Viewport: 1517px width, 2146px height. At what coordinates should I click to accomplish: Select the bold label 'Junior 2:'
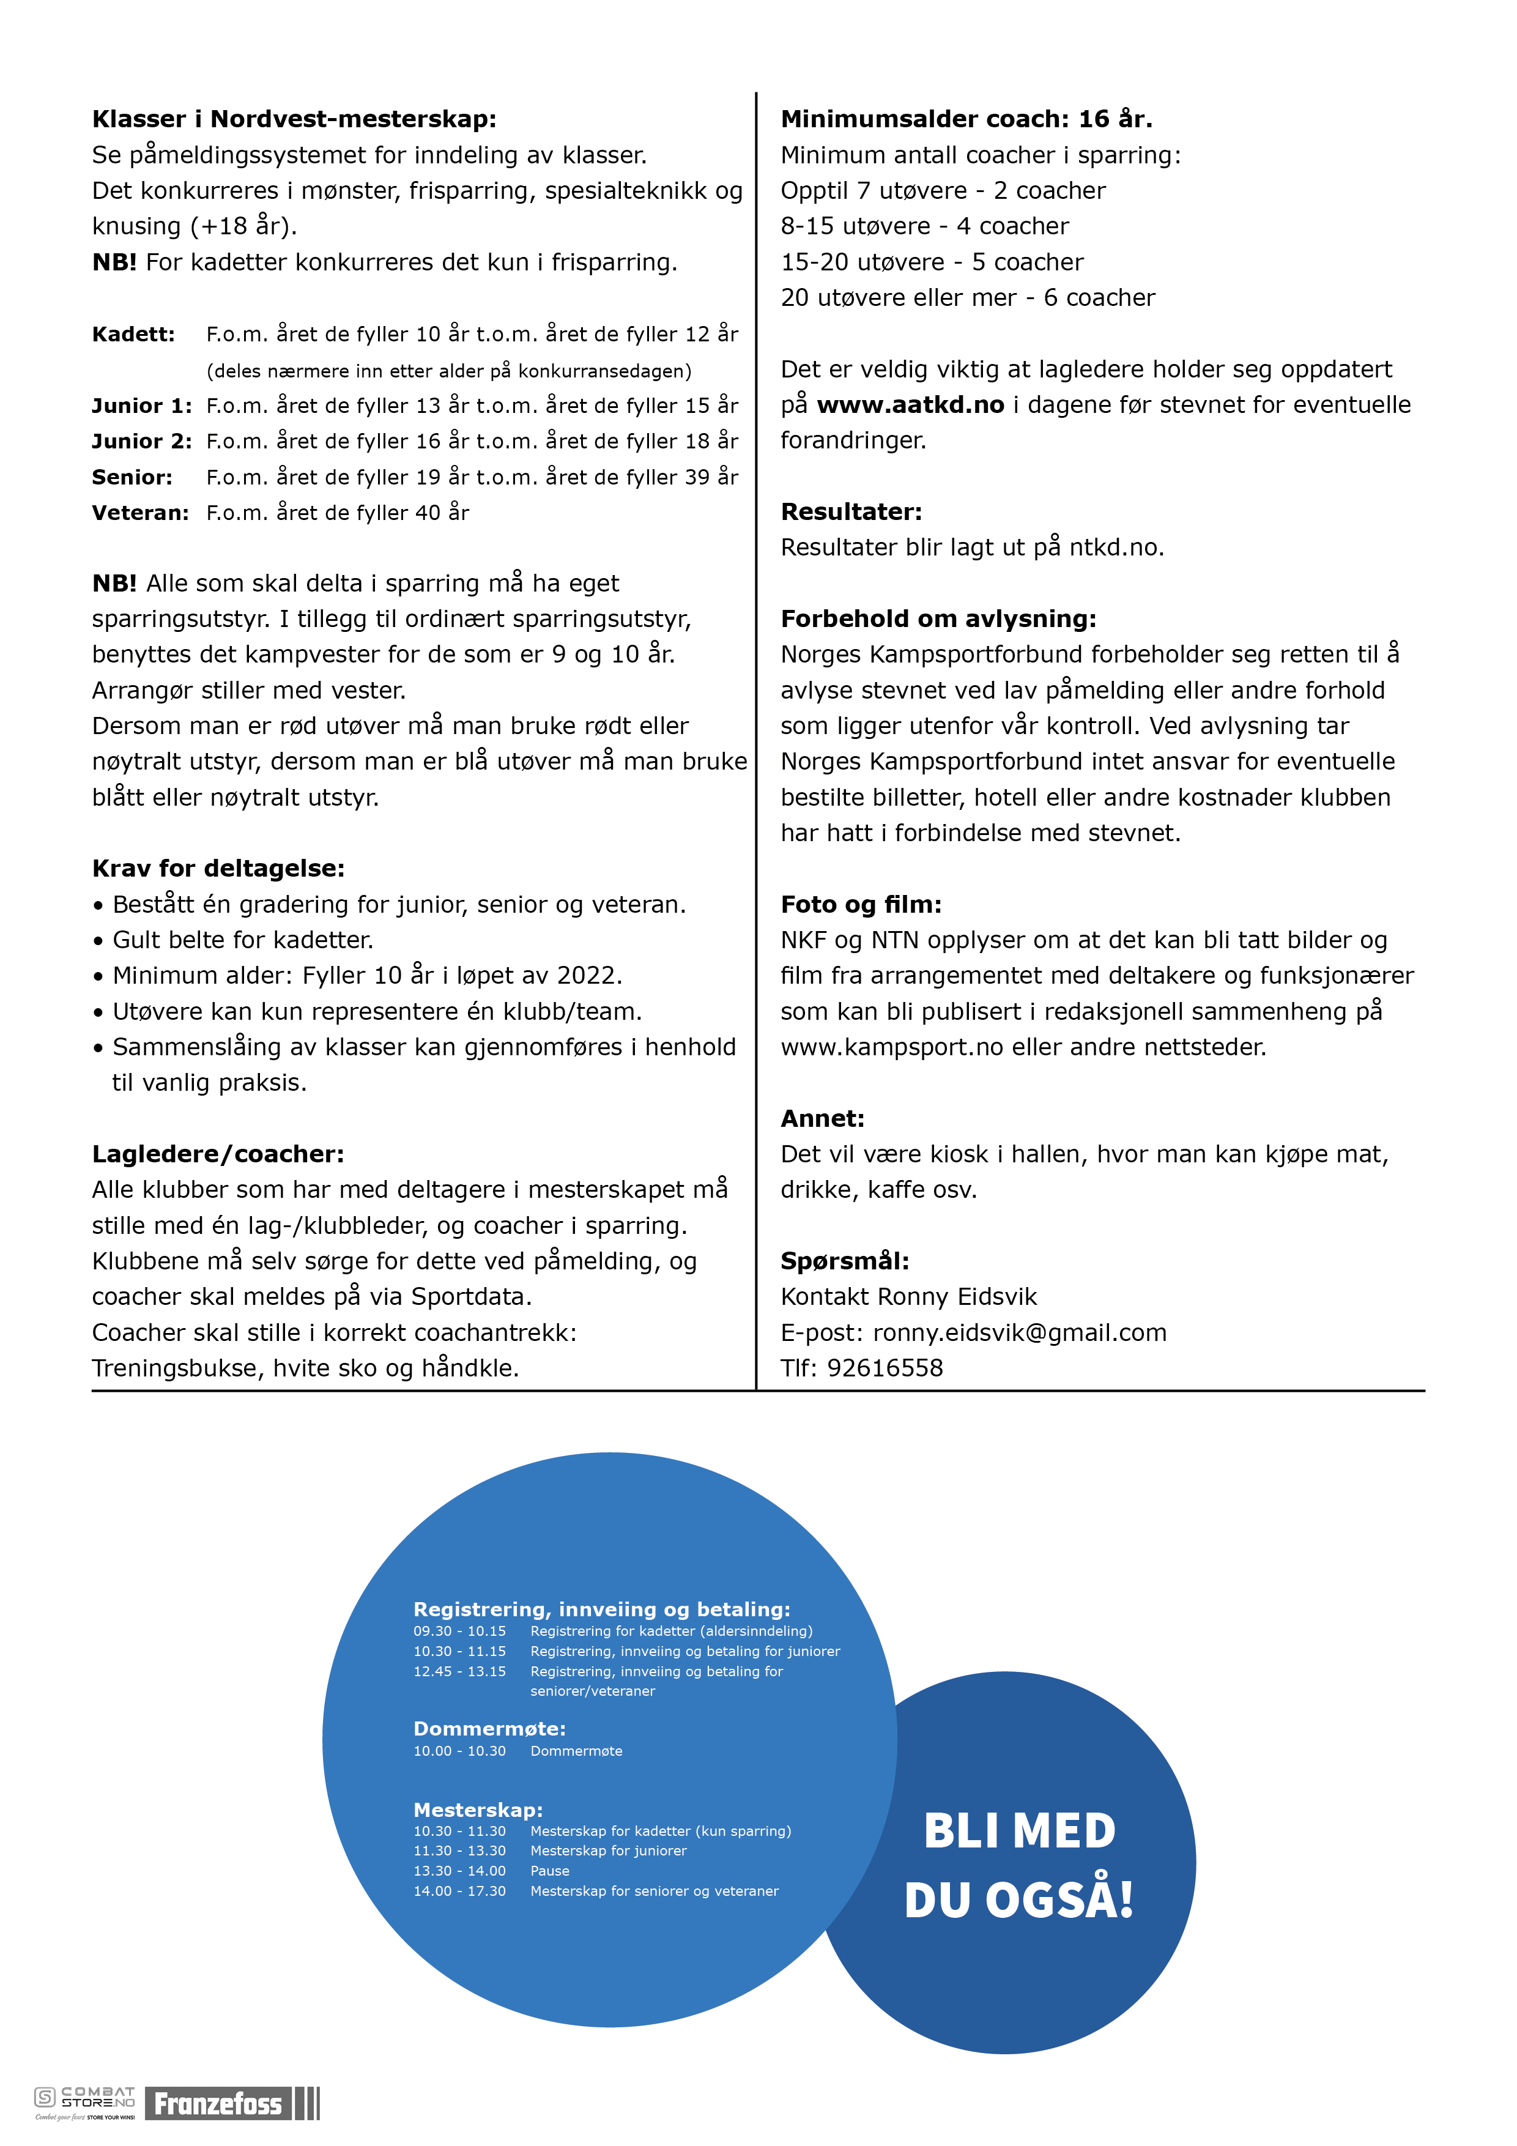142,441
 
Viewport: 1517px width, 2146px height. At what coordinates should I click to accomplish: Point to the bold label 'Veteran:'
140,512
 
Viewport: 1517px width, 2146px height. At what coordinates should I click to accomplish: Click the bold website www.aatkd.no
910,405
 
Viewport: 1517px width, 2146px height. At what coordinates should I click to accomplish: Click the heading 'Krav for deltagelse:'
218,868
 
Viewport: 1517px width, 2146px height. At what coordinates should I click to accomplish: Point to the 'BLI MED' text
1019,1830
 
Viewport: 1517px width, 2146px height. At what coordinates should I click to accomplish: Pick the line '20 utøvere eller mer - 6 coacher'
968,298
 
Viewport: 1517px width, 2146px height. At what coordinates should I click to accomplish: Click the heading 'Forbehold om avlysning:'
938,618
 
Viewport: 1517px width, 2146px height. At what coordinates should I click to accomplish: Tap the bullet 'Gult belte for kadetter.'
242,940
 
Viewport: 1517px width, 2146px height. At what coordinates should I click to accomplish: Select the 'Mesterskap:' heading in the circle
478,1810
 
